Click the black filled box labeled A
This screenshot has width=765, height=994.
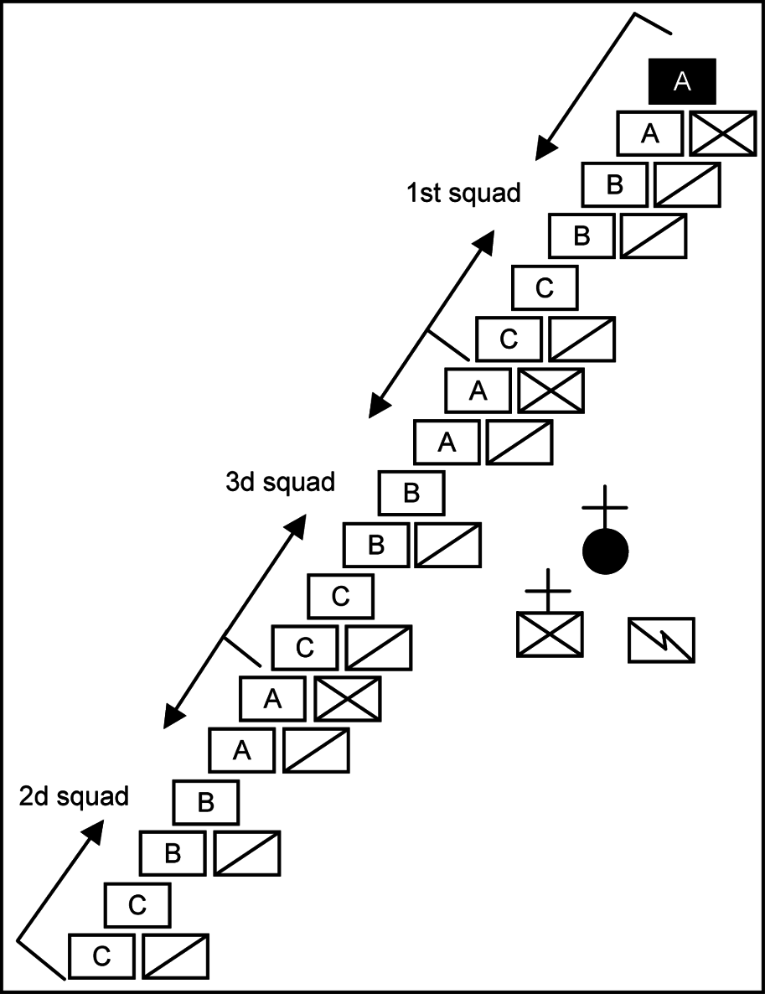(682, 81)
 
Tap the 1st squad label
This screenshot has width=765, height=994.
(463, 193)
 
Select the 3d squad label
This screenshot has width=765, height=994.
(280, 482)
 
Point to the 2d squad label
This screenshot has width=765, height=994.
(74, 795)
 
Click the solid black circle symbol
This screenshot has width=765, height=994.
(606, 551)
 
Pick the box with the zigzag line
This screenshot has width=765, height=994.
(661, 639)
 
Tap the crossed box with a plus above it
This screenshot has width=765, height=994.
(550, 634)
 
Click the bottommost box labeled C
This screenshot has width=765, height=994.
(101, 956)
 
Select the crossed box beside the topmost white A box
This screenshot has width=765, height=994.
(723, 133)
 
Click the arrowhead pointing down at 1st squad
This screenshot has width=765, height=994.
(545, 148)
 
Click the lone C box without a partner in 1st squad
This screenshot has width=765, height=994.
(545, 287)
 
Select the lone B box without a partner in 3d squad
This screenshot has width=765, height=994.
(411, 493)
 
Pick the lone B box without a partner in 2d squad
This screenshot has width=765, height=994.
(206, 801)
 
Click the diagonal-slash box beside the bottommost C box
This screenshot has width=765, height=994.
(175, 956)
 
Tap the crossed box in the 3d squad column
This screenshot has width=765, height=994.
(550, 391)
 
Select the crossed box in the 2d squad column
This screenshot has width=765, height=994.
(348, 698)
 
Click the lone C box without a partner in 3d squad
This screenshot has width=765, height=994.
(340, 597)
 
